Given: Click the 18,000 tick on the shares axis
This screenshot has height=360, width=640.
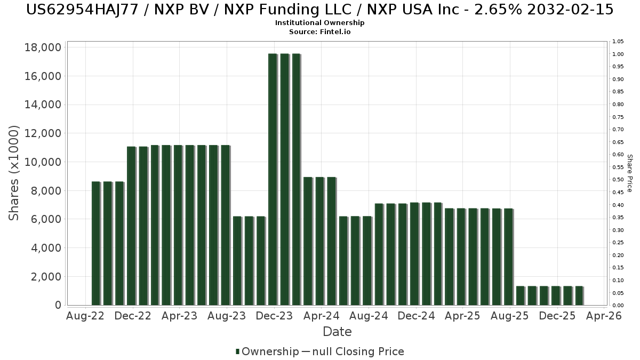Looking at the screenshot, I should pyautogui.click(x=43, y=47).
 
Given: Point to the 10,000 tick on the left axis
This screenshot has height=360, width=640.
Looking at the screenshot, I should pyautogui.click(x=43, y=162).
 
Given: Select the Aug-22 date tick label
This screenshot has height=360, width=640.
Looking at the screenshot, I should pyautogui.click(x=85, y=316).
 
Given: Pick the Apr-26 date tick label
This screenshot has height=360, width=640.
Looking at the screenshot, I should pyautogui.click(x=604, y=316).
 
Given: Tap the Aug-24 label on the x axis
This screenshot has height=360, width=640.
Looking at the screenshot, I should pyautogui.click(x=369, y=316).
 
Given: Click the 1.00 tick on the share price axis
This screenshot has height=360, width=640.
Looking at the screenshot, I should pyautogui.click(x=619, y=54).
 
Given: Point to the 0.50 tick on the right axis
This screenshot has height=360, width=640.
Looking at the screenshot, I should pyautogui.click(x=619, y=180).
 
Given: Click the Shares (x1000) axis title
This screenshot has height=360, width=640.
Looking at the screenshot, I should pyautogui.click(x=14, y=172).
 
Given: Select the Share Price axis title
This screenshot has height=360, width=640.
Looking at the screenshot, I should pyautogui.click(x=630, y=173).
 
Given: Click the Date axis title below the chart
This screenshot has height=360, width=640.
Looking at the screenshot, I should pyautogui.click(x=337, y=332).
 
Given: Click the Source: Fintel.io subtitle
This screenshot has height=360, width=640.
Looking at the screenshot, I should pyautogui.click(x=320, y=31).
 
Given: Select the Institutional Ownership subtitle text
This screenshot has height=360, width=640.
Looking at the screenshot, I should pyautogui.click(x=320, y=23).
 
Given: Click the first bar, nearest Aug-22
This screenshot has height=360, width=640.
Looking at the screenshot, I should pyautogui.click(x=95, y=243).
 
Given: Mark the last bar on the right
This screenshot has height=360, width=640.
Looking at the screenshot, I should pyautogui.click(x=579, y=295).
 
